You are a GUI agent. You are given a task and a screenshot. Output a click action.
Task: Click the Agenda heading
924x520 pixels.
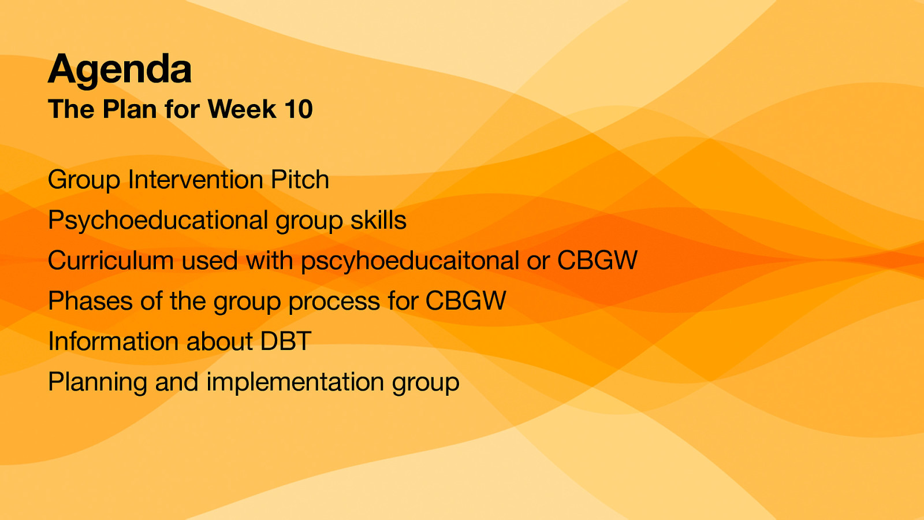[120, 69]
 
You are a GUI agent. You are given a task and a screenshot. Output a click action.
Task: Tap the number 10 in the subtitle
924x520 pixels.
[298, 109]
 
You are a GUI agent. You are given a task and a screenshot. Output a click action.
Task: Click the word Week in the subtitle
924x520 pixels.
[242, 109]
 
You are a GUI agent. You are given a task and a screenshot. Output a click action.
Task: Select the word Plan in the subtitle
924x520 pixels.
[129, 109]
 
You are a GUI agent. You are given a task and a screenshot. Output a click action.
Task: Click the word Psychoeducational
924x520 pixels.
[158, 221]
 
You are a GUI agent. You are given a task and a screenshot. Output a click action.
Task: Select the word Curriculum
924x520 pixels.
[111, 261]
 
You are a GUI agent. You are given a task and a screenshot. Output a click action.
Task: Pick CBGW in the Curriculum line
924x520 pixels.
[597, 261]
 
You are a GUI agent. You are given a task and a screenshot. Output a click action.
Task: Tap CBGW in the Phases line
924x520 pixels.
[465, 301]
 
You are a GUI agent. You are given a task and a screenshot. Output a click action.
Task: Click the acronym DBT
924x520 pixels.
[286, 341]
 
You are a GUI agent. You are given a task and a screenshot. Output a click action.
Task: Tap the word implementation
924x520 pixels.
[295, 382]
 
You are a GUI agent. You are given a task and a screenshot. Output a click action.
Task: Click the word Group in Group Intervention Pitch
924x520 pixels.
[84, 180]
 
